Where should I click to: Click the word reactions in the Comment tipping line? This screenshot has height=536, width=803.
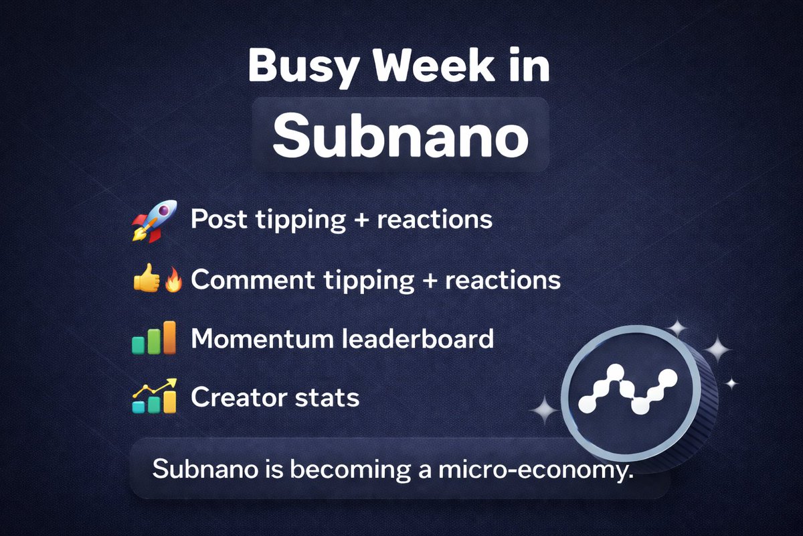coord(501,279)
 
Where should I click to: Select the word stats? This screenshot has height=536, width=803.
coord(327,397)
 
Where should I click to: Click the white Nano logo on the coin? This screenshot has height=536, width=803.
coord(629,391)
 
